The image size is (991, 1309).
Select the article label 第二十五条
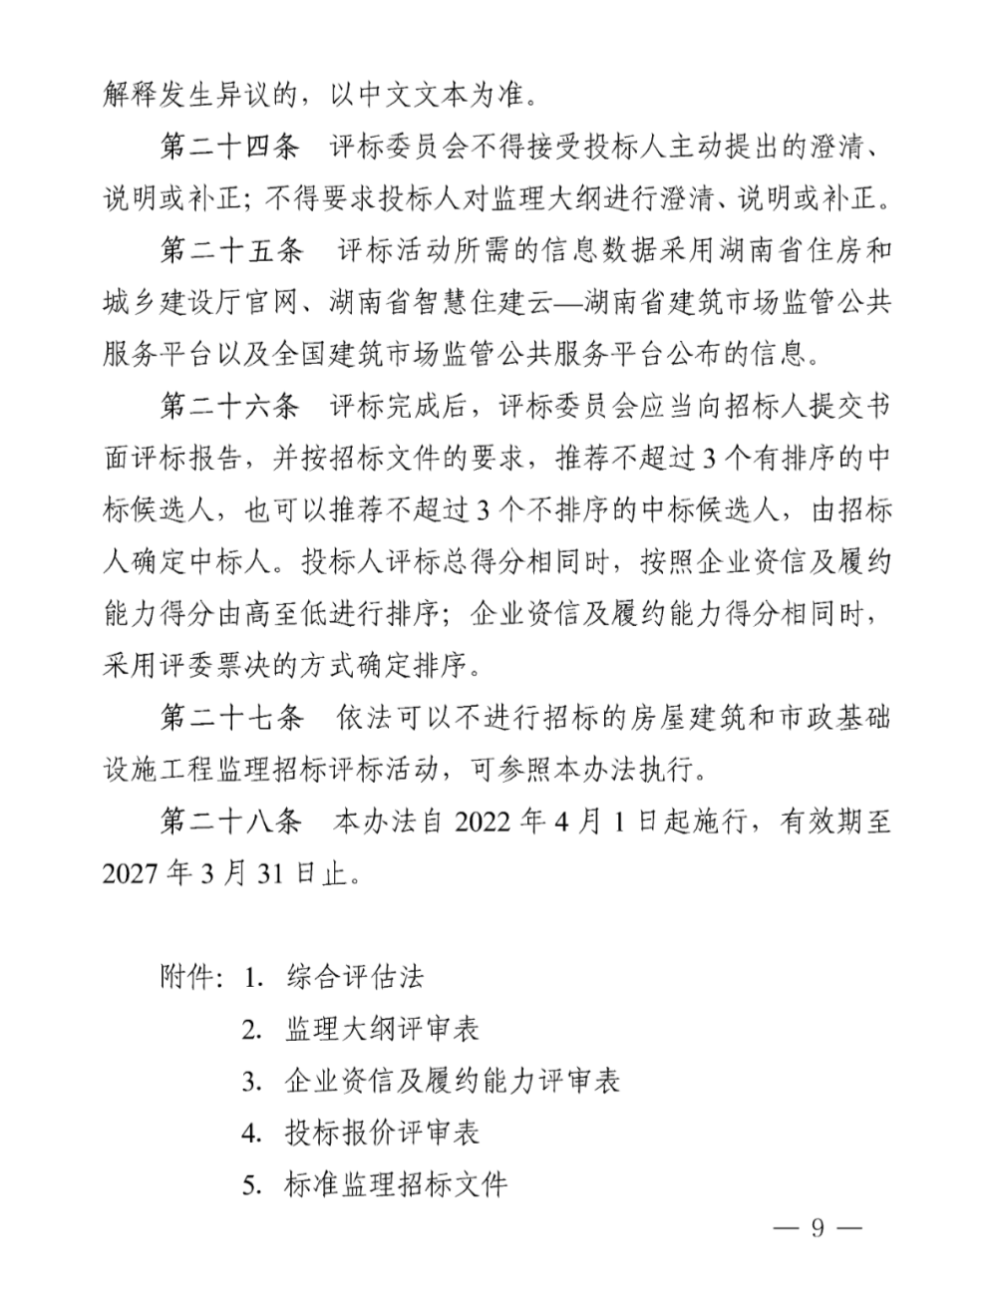pos(230,250)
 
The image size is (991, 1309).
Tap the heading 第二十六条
pos(230,406)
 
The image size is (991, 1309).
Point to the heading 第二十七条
pos(230,717)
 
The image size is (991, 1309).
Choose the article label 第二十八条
pos(230,821)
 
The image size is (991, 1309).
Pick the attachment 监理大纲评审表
pos(382,1028)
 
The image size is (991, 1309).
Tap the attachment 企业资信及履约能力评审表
pos(452,1080)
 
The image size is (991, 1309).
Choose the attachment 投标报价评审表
pos(382,1132)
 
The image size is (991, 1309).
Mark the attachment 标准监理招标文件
pos(396,1184)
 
